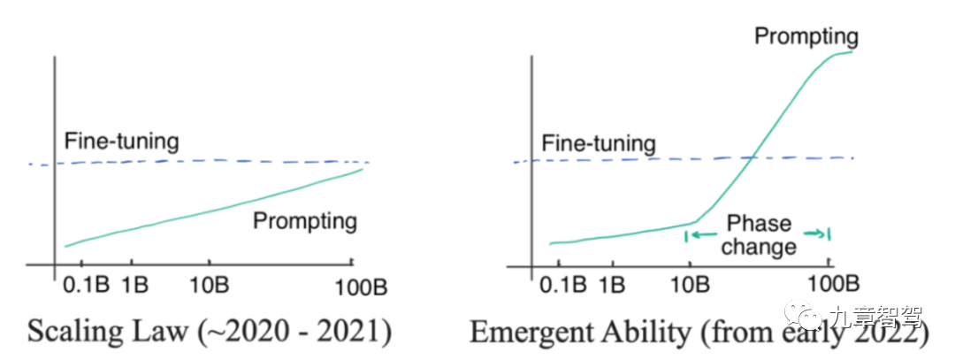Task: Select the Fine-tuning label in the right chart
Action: (x=599, y=143)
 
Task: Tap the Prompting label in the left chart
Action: (x=305, y=220)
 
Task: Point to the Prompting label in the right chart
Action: (x=806, y=36)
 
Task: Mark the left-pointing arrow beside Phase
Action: (x=700, y=234)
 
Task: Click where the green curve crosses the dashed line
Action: (x=750, y=158)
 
